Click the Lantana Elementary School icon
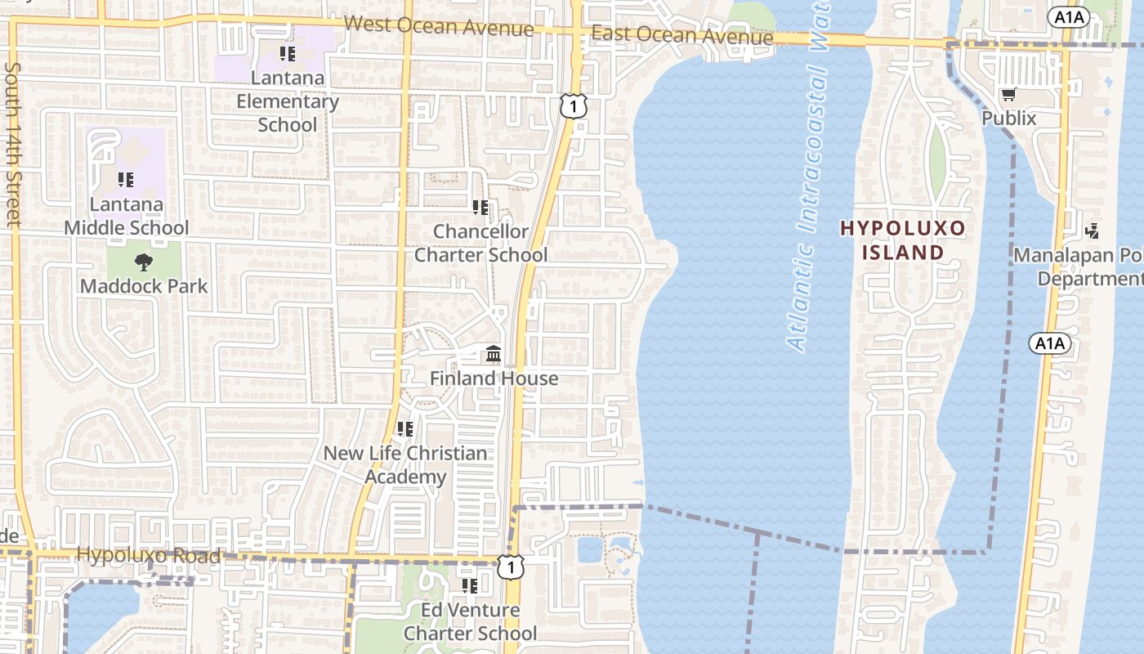tap(287, 54)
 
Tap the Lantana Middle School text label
tap(127, 216)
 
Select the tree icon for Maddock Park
tap(144, 262)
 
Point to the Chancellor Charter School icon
tap(480, 208)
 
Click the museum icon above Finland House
tap(494, 354)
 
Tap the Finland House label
tap(494, 379)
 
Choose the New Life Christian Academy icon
tap(404, 428)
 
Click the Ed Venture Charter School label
tap(471, 621)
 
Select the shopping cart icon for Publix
tap(1009, 95)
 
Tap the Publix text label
tap(1009, 119)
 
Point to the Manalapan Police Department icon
tap(1092, 231)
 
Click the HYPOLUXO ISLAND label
tap(904, 240)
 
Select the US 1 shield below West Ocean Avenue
tap(574, 105)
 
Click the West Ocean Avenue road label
tap(439, 26)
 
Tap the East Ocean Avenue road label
tap(681, 35)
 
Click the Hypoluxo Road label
tap(148, 556)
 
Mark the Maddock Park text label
tap(144, 286)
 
